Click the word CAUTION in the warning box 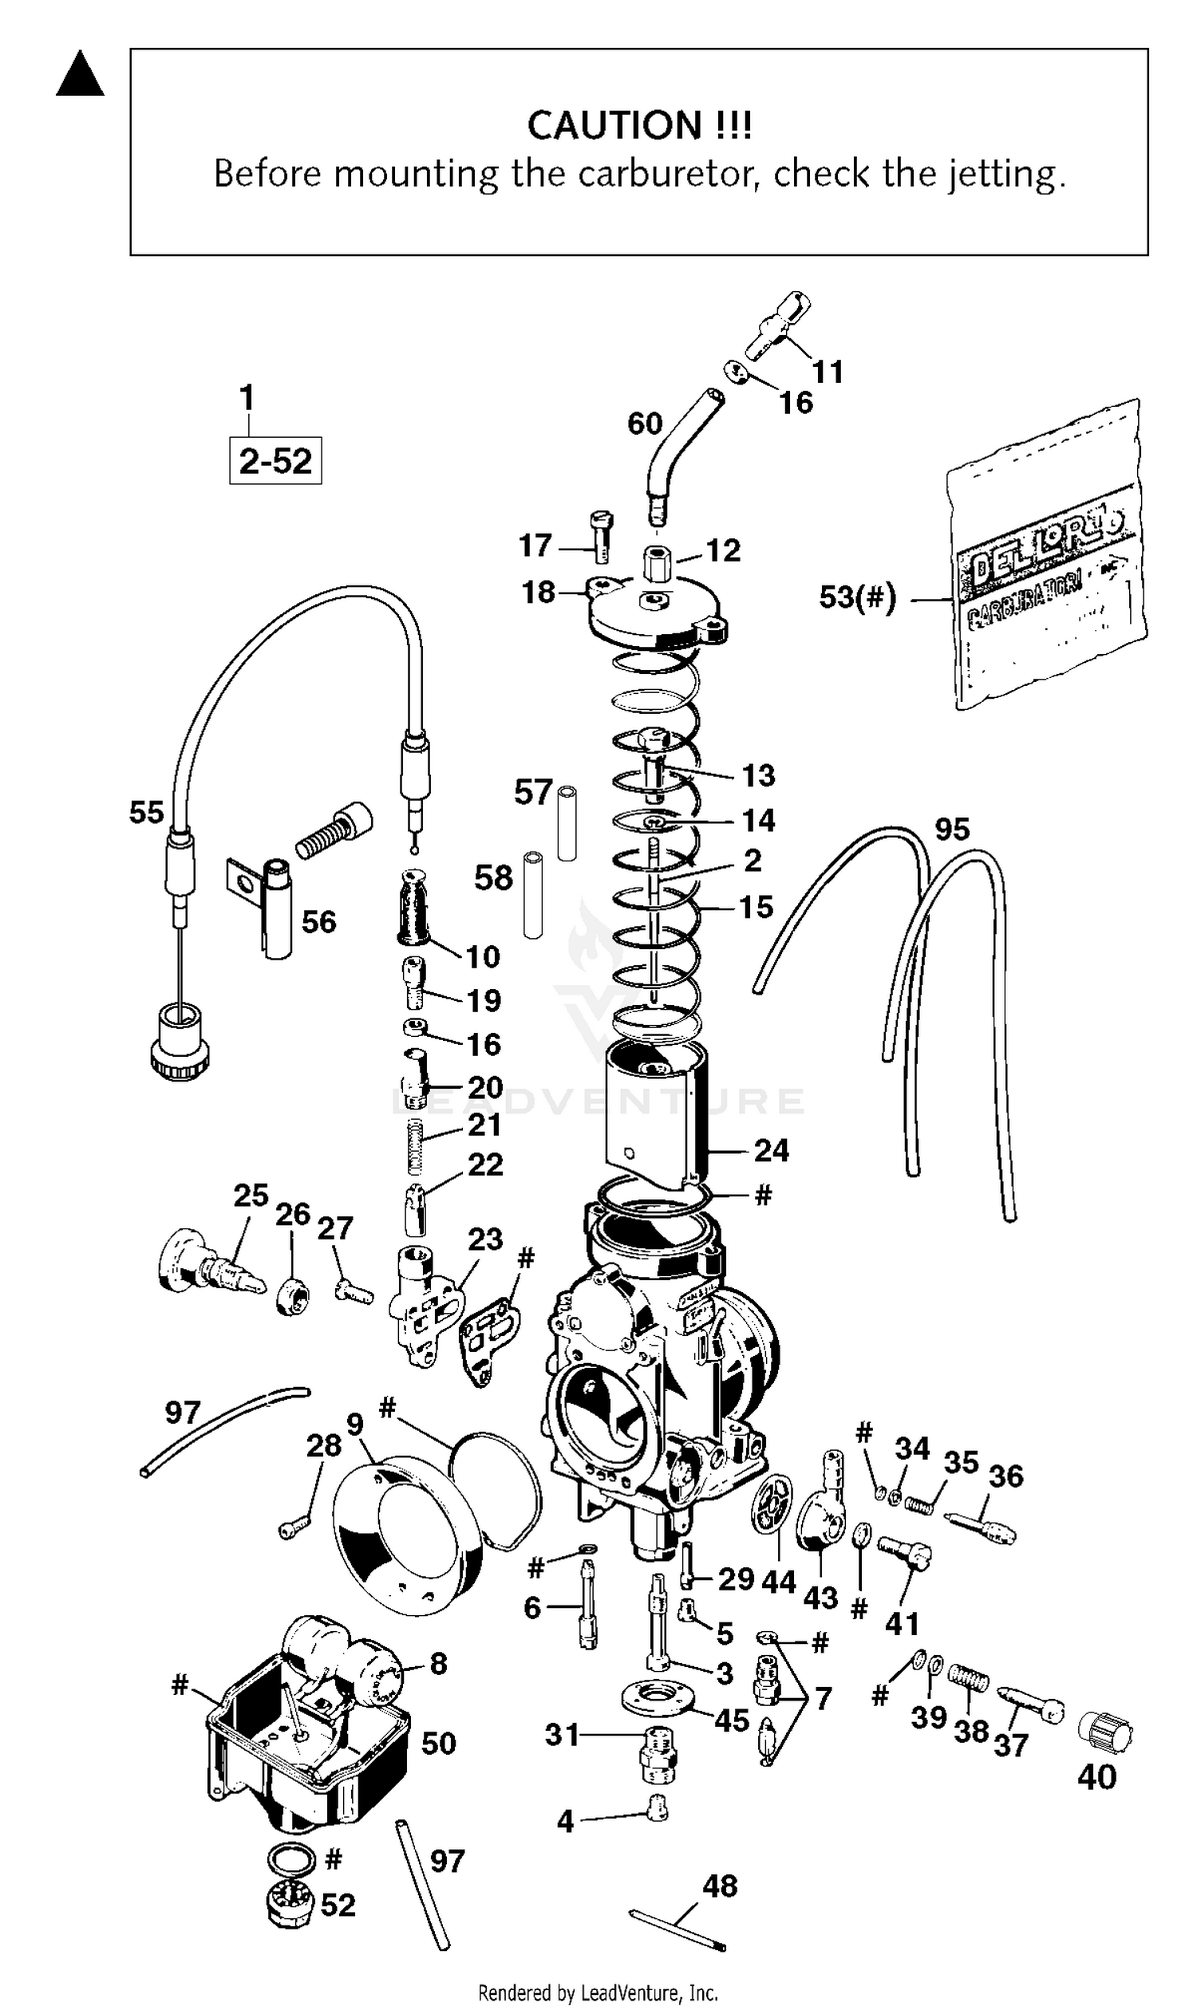614,125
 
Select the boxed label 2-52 275,461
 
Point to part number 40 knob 1106,1732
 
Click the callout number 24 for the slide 771,1150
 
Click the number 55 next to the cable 146,812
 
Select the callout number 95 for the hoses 952,829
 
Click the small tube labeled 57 567,822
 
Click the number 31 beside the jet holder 562,1734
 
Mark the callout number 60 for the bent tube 645,424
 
